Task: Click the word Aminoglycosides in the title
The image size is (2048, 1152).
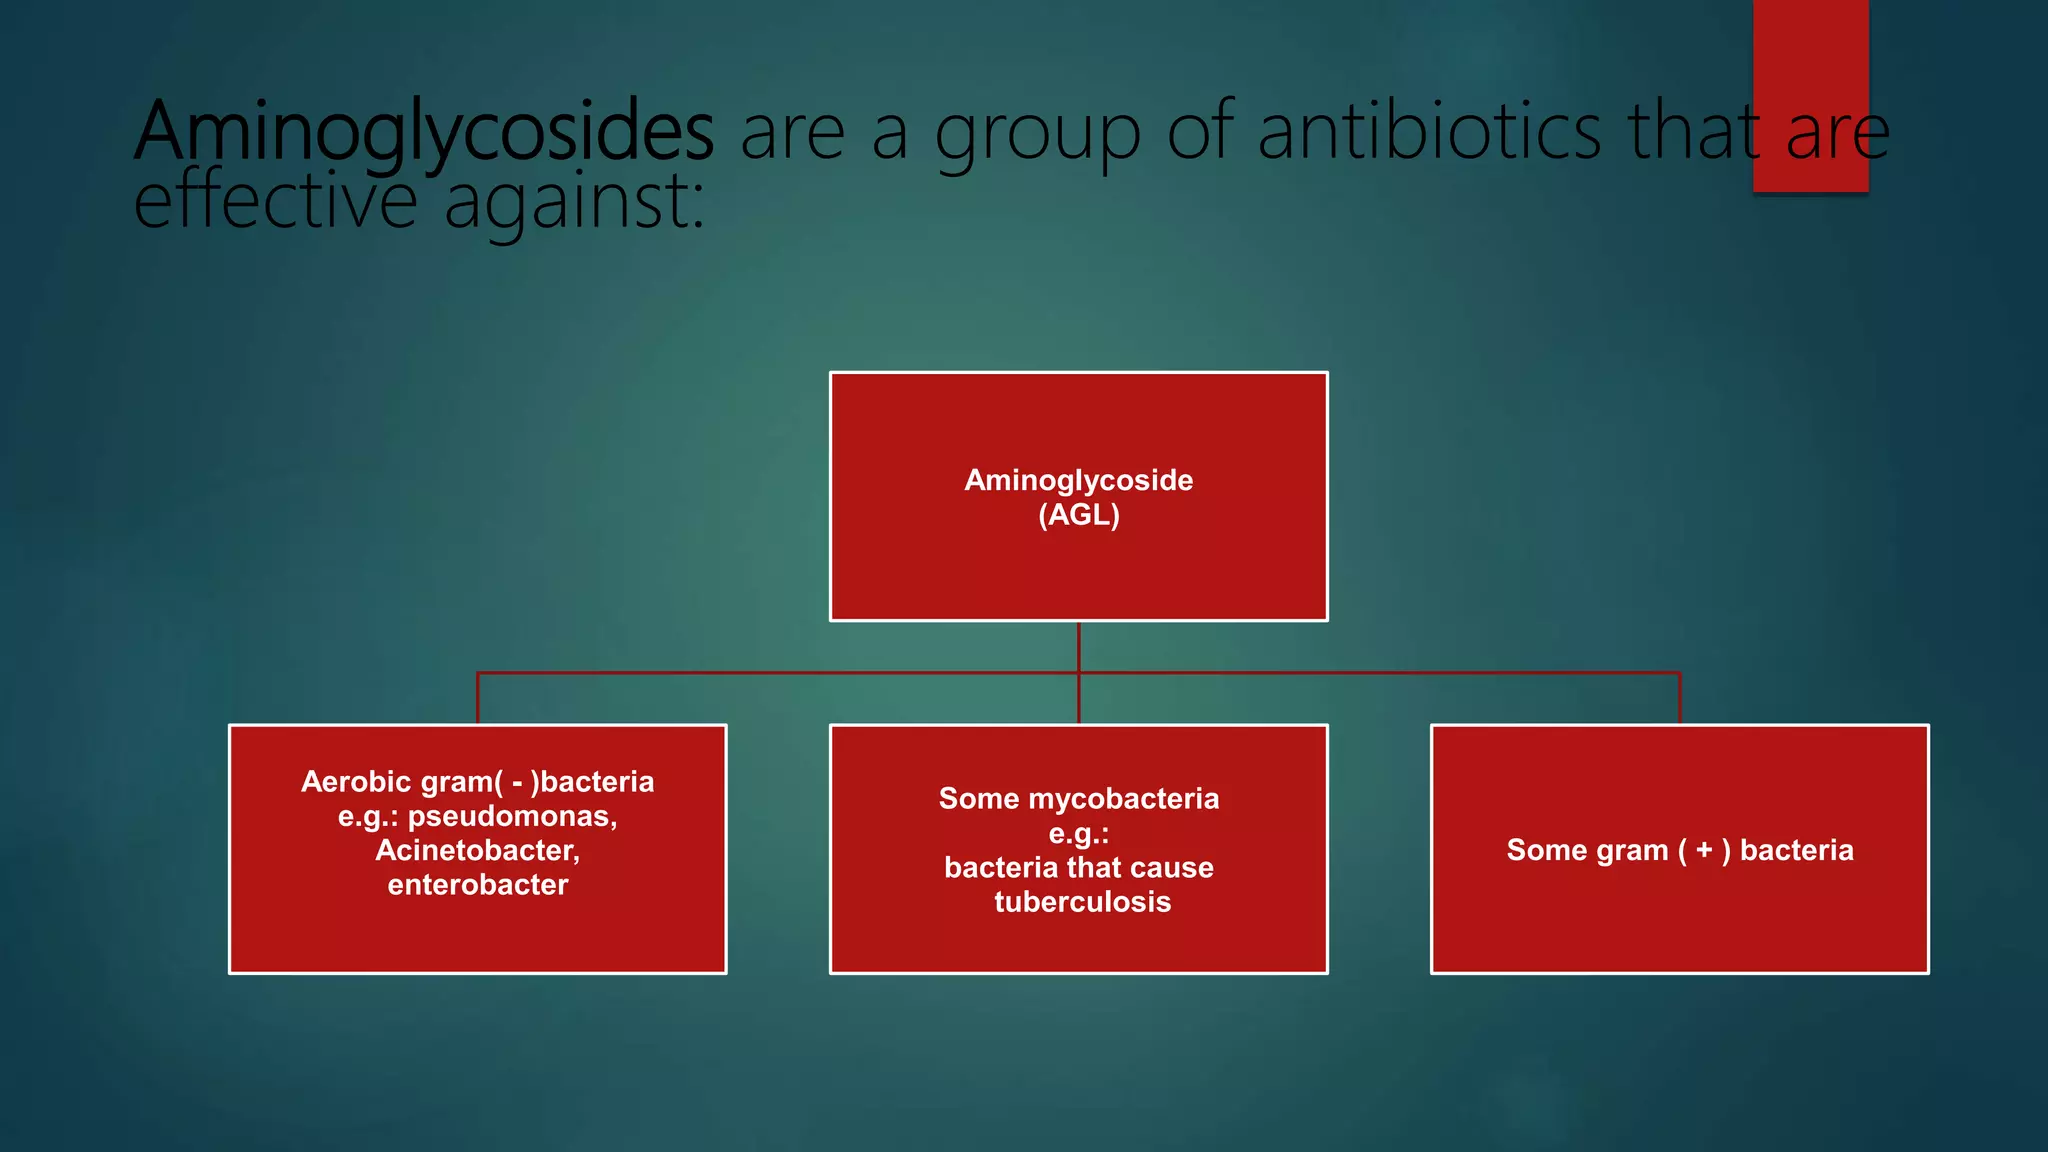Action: tap(425, 132)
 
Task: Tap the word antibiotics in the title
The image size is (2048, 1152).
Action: tap(1430, 132)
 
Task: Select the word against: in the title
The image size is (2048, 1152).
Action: tap(574, 203)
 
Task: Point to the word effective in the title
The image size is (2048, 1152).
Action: tap(275, 201)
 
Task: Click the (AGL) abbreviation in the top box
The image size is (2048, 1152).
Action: tap(1079, 515)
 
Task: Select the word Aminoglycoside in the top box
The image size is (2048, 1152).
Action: tap(1078, 481)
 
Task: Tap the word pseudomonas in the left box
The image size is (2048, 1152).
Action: tap(511, 817)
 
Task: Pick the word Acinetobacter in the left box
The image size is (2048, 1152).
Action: tap(477, 851)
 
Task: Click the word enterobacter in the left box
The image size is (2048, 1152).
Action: tap(477, 885)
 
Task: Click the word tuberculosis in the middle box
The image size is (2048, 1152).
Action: tap(1082, 902)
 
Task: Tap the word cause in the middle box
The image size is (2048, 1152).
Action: tap(1168, 868)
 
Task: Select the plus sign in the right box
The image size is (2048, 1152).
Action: tap(1704, 850)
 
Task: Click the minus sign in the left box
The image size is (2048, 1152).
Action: tap(517, 783)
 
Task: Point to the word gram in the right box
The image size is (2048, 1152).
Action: tap(1632, 851)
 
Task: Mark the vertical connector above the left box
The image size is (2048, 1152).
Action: tap(478, 698)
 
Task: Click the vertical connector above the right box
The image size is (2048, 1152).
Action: tap(1680, 698)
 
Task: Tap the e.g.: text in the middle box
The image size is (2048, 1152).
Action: tap(1078, 834)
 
